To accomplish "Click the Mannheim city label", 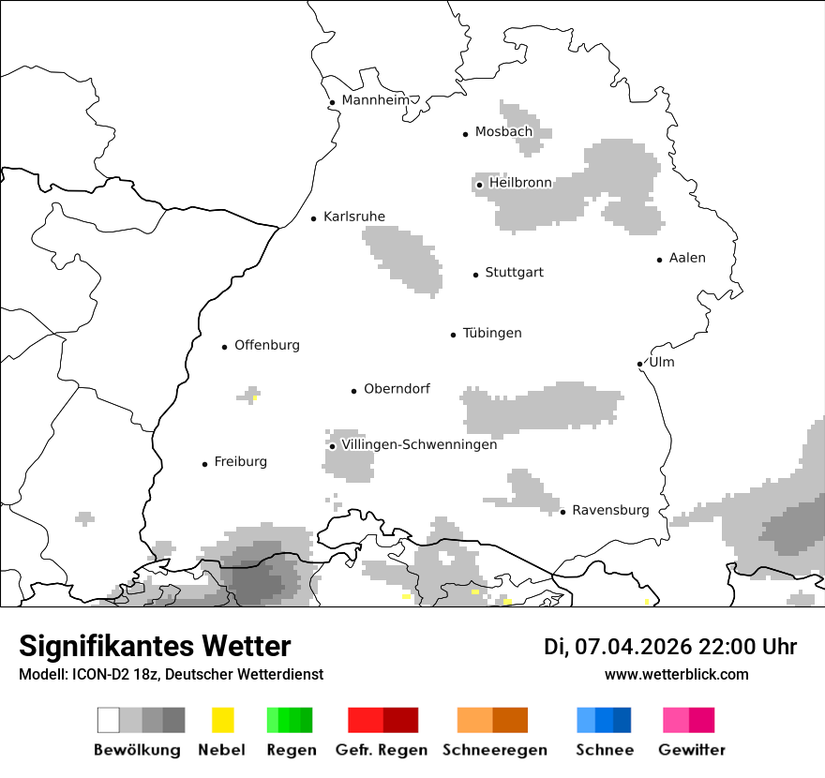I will click(x=375, y=100).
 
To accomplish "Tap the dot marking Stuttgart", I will click(x=475, y=275).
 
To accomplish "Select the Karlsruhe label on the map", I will click(x=353, y=217).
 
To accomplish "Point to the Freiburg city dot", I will click(x=204, y=464).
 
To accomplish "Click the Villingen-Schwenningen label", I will click(x=419, y=444).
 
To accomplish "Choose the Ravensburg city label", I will click(x=610, y=510).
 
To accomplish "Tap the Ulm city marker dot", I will click(x=639, y=364).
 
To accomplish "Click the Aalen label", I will click(x=687, y=258).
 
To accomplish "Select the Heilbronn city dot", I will click(x=479, y=185).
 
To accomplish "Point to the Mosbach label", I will click(x=503, y=132).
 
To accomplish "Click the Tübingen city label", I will click(x=492, y=333).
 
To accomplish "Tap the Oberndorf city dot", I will click(x=353, y=391).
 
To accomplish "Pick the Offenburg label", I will click(x=267, y=345).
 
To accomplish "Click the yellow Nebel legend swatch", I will click(x=222, y=720).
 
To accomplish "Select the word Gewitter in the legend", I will click(x=692, y=750).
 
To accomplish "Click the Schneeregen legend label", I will click(x=494, y=750).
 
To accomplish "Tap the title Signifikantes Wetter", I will click(x=155, y=646).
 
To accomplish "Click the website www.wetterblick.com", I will click(x=676, y=674).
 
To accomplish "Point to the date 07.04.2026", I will click(x=633, y=647).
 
